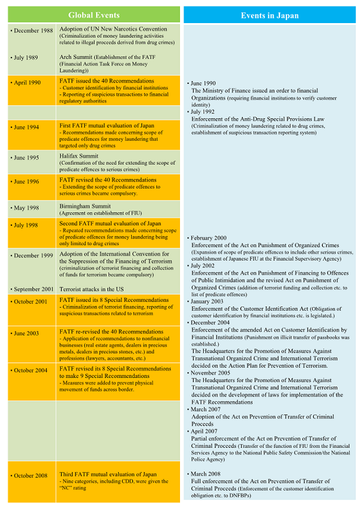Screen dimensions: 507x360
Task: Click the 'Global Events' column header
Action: [x=93, y=15]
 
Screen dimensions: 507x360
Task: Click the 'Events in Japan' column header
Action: [x=269, y=15]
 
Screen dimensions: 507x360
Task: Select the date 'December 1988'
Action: [x=33, y=31]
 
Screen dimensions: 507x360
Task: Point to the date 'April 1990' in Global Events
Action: [x=27, y=83]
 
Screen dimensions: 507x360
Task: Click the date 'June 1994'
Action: [x=26, y=127]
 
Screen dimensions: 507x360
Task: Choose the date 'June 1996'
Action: [x=26, y=182]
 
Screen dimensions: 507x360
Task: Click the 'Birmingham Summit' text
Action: [x=85, y=206]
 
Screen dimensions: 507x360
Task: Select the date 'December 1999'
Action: [x=33, y=255]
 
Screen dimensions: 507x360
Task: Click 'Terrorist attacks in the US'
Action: [x=91, y=289]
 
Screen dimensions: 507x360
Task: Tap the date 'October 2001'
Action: [x=30, y=302]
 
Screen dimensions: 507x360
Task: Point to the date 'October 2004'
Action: [x=30, y=370]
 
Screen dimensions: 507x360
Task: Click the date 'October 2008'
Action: [x=30, y=475]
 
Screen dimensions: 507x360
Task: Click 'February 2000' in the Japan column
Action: [x=209, y=238]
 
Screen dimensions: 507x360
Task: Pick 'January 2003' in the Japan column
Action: [x=208, y=302]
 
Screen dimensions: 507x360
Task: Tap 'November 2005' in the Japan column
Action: [x=211, y=373]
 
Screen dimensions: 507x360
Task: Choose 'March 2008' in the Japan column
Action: [x=206, y=474]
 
